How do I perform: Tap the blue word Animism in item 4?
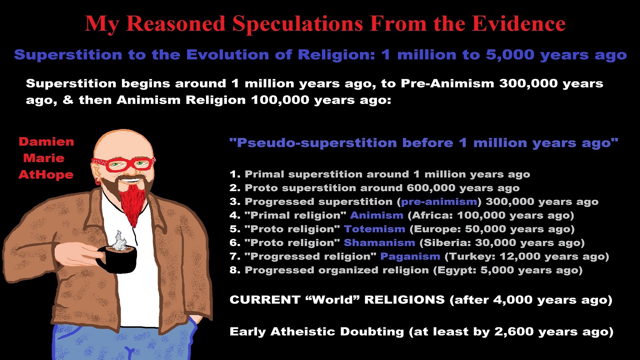(x=377, y=215)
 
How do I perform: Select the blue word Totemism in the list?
(x=375, y=229)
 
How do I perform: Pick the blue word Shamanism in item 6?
(x=379, y=243)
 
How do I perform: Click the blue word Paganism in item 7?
(x=410, y=256)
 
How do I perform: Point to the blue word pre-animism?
(x=439, y=202)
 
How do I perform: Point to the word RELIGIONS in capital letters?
(x=404, y=300)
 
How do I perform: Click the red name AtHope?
(x=46, y=175)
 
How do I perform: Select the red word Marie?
(x=44, y=158)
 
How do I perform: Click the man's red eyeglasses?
(x=124, y=164)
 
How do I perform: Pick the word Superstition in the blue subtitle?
(x=68, y=55)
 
